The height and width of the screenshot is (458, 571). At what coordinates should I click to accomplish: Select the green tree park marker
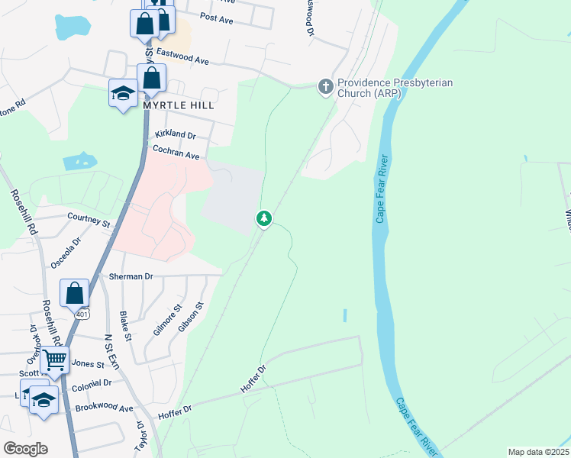coord(264,220)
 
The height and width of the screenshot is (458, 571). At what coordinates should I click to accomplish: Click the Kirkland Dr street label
coord(176,134)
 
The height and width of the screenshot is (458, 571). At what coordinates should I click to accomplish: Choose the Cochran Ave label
coord(176,153)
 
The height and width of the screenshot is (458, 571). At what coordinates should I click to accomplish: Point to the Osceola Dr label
coord(66,251)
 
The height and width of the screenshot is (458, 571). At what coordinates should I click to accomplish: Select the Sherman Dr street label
coord(131,276)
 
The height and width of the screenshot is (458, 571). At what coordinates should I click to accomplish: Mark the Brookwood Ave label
coord(105,408)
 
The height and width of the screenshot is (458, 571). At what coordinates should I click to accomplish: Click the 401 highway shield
coord(82,312)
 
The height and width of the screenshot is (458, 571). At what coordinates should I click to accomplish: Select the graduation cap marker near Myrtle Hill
coord(123,93)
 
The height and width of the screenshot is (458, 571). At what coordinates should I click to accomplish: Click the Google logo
coord(26,449)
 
